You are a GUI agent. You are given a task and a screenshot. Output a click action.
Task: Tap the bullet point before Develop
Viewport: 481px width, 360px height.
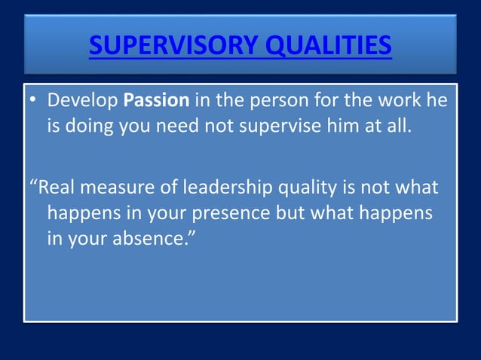(x=35, y=101)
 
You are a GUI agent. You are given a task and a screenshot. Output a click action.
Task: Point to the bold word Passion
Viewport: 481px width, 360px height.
(x=156, y=100)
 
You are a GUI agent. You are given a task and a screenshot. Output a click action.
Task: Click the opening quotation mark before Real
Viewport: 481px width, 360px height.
(x=32, y=185)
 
